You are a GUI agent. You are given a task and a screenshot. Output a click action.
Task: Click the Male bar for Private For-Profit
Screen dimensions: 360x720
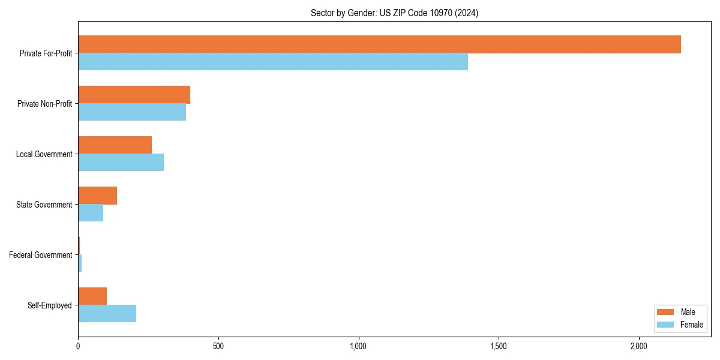[379, 44]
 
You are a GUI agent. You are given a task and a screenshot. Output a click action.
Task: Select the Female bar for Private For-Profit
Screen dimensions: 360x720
[273, 62]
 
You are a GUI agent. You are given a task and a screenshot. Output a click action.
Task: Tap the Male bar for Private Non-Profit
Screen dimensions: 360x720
[134, 95]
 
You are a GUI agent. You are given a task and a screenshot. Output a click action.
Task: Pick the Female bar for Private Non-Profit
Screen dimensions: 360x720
[132, 112]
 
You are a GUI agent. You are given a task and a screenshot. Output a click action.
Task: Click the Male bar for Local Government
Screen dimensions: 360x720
[115, 145]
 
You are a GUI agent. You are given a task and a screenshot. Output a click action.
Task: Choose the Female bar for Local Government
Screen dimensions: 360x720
[121, 163]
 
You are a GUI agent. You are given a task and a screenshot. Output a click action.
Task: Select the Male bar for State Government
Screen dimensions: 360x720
[97, 196]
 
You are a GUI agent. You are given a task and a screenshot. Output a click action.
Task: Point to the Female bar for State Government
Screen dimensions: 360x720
[91, 213]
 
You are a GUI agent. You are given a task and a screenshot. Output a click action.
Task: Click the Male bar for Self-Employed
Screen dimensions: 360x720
[92, 296]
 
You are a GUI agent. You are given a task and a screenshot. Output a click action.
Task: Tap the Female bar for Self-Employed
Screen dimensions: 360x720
[107, 314]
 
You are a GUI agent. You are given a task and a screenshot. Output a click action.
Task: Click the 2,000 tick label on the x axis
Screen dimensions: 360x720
[638, 346]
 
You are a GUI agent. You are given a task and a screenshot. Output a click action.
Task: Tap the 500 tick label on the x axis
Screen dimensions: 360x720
[218, 346]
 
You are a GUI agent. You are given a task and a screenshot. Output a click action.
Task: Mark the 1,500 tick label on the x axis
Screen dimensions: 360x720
[499, 346]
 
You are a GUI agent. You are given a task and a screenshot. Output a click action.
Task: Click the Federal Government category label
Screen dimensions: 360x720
[41, 255]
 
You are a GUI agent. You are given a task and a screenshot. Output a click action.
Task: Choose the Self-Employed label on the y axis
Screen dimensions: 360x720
[50, 305]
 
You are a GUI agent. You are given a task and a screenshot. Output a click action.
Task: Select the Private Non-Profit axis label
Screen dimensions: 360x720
[44, 104]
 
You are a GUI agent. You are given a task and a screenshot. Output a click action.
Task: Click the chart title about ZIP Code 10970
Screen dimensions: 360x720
[394, 13]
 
